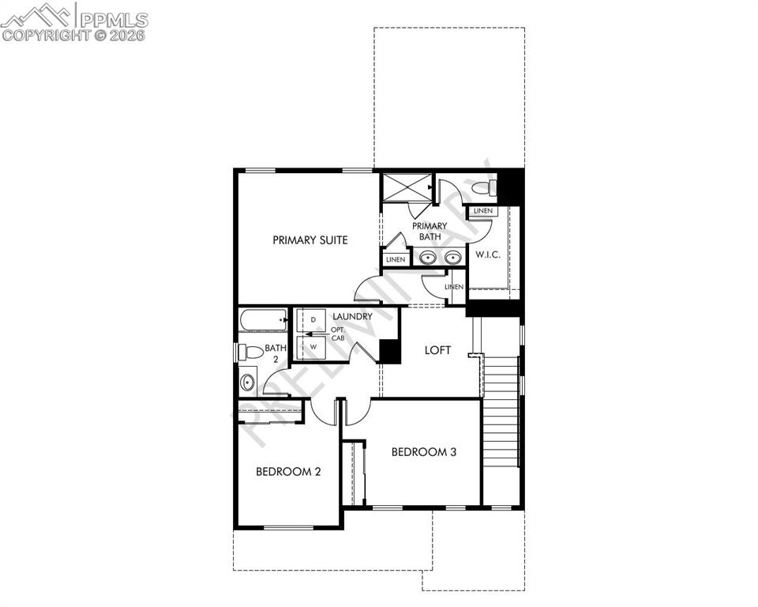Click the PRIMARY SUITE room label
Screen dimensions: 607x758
point(310,240)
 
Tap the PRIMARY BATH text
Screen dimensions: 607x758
point(430,231)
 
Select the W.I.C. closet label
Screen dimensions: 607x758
point(488,254)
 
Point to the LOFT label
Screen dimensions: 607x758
point(437,350)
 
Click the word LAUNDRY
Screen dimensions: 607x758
point(352,317)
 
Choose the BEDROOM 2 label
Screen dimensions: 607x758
point(288,472)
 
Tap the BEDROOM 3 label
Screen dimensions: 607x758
point(424,452)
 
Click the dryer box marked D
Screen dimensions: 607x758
point(313,319)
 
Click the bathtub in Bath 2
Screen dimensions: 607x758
point(263,321)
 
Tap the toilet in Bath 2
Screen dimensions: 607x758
point(251,351)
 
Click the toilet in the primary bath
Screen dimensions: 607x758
point(489,188)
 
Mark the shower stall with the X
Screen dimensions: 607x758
point(407,187)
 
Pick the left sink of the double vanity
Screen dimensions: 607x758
point(427,257)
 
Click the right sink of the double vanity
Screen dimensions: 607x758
point(452,257)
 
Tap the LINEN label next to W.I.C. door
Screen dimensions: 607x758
point(483,211)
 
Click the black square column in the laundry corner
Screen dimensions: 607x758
point(389,351)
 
